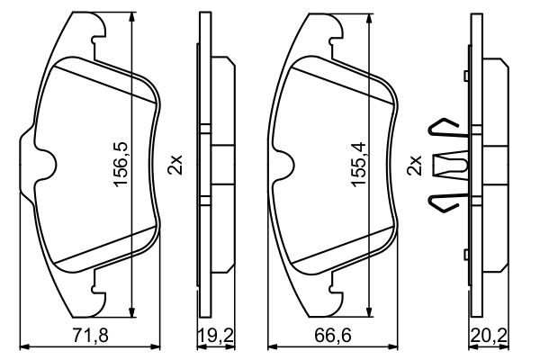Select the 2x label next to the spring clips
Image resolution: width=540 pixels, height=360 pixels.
point(415,166)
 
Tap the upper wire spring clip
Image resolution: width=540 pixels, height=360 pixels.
point(445,130)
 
